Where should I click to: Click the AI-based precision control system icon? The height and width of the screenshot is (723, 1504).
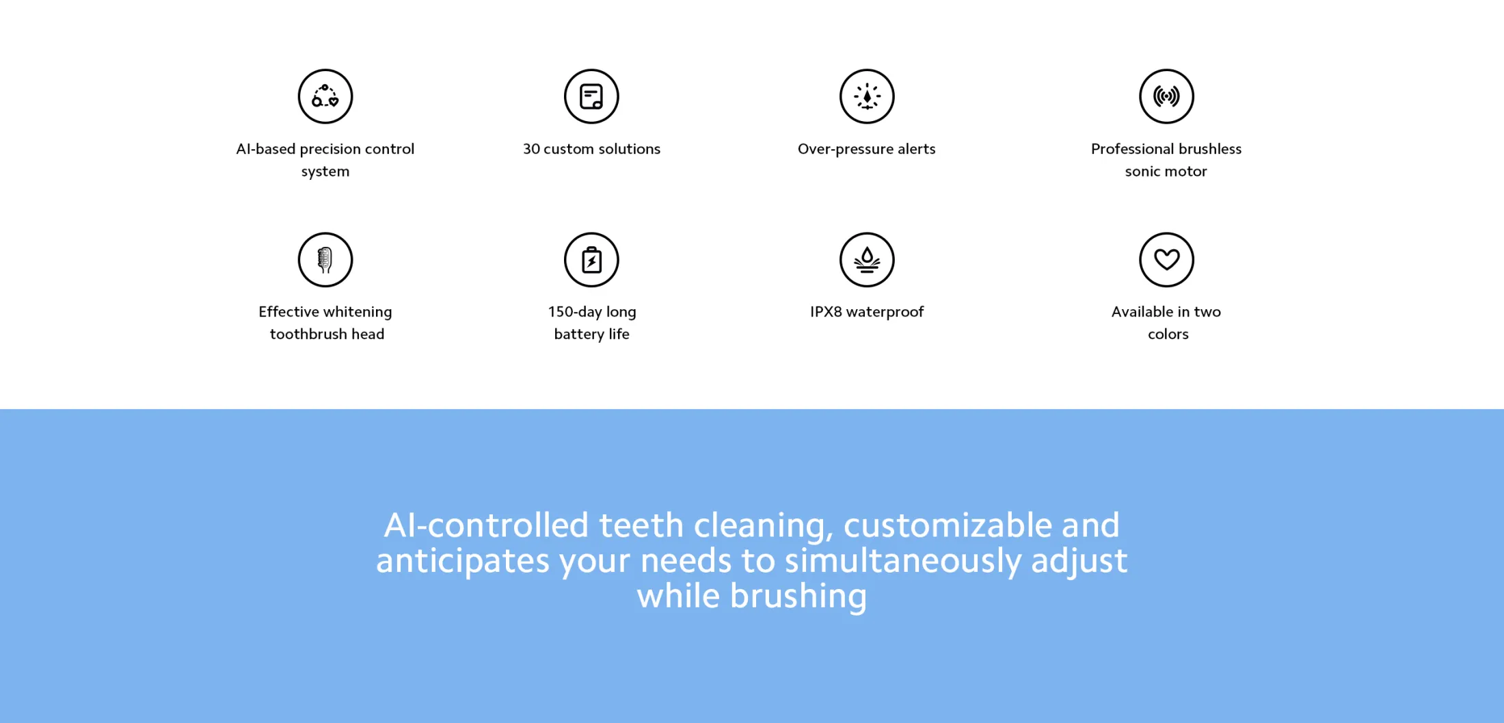[x=325, y=96]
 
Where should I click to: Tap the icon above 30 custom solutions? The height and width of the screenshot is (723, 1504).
[x=591, y=96]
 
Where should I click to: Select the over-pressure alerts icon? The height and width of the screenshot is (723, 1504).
[x=867, y=96]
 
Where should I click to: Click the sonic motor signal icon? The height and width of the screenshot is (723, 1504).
[x=1166, y=96]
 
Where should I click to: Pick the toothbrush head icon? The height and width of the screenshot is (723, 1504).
[x=325, y=260]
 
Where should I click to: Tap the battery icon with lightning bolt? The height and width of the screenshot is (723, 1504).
[x=591, y=260]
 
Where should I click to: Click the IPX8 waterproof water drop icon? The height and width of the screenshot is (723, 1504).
[x=867, y=260]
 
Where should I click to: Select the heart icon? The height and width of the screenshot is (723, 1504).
[x=1166, y=260]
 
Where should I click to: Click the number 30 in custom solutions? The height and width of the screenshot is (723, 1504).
[x=531, y=149]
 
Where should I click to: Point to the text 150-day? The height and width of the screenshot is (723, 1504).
[x=574, y=312]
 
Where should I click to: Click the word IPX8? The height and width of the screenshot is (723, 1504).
[x=826, y=312]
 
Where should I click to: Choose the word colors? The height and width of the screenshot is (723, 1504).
[x=1168, y=334]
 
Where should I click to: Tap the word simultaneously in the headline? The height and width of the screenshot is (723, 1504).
[x=903, y=562]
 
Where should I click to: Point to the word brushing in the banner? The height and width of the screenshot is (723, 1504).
[x=798, y=597]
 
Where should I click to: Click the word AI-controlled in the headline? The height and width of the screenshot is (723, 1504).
[x=487, y=525]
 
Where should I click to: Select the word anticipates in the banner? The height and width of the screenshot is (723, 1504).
[x=463, y=562]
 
